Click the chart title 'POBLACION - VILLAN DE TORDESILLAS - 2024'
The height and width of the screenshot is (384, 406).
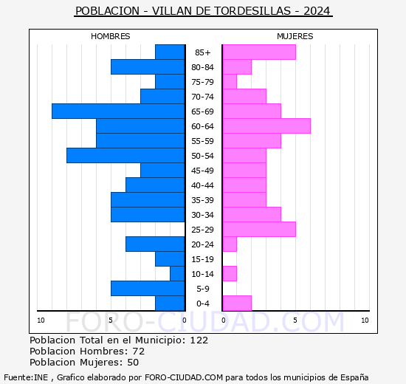(x=203, y=11)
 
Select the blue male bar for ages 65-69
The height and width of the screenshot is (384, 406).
(x=118, y=111)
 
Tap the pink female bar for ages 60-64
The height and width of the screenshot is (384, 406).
(x=266, y=126)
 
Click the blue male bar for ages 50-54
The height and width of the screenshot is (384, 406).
(x=125, y=155)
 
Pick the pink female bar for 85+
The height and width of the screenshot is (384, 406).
(x=258, y=52)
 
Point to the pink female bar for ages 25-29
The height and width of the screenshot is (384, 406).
(x=258, y=229)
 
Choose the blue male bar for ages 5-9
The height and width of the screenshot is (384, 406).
(x=148, y=288)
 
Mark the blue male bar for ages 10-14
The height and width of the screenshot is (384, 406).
(x=177, y=273)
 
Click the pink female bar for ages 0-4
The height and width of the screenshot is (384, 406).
(x=236, y=303)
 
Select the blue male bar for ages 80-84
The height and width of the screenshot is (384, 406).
(x=148, y=66)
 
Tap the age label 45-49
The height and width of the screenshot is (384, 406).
(x=203, y=171)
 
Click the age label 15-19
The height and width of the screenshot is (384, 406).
(x=203, y=259)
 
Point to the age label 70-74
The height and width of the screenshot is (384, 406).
(x=203, y=97)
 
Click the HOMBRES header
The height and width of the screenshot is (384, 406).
(x=111, y=36)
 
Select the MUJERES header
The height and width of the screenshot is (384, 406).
(x=295, y=36)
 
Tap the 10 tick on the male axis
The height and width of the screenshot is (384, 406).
(x=41, y=320)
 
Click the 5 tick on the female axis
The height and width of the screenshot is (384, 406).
(x=295, y=320)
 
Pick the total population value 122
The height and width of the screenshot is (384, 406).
(x=199, y=340)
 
